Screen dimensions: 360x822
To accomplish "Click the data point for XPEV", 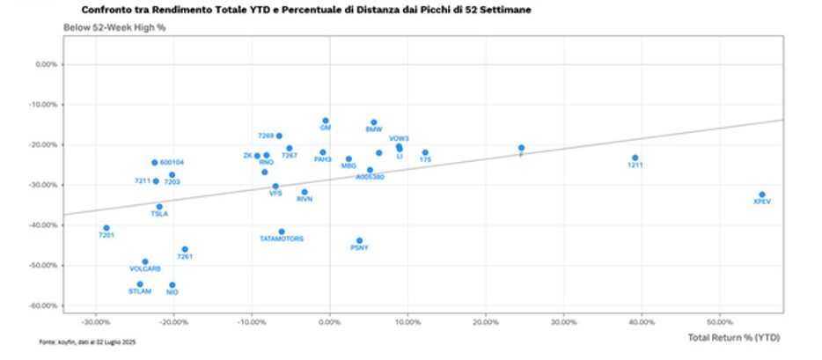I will click(x=762, y=195).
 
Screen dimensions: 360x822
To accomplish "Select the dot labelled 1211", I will click(x=635, y=158).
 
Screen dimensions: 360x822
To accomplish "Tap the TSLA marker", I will click(x=159, y=207).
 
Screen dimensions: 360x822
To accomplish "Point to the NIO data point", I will click(x=172, y=285).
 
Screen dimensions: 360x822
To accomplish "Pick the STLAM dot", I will click(x=140, y=284).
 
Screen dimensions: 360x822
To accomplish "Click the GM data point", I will click(x=326, y=121).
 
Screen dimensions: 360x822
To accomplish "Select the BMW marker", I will click(x=374, y=122).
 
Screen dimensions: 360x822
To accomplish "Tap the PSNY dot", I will click(x=359, y=240).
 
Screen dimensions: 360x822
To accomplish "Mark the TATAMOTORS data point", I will click(x=282, y=231).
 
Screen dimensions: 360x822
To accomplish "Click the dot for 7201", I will click(x=106, y=228).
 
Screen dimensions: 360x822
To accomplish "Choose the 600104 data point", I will click(x=154, y=163).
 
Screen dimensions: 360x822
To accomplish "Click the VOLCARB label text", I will click(x=145, y=268).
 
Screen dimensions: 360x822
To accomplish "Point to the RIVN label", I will click(x=305, y=199).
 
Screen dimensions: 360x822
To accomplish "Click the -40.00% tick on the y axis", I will click(x=46, y=225).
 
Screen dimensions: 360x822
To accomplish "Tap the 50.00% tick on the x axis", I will click(x=719, y=321).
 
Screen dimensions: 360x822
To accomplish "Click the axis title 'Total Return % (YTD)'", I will click(x=733, y=338).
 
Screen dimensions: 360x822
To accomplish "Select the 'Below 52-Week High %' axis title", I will click(x=114, y=28).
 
